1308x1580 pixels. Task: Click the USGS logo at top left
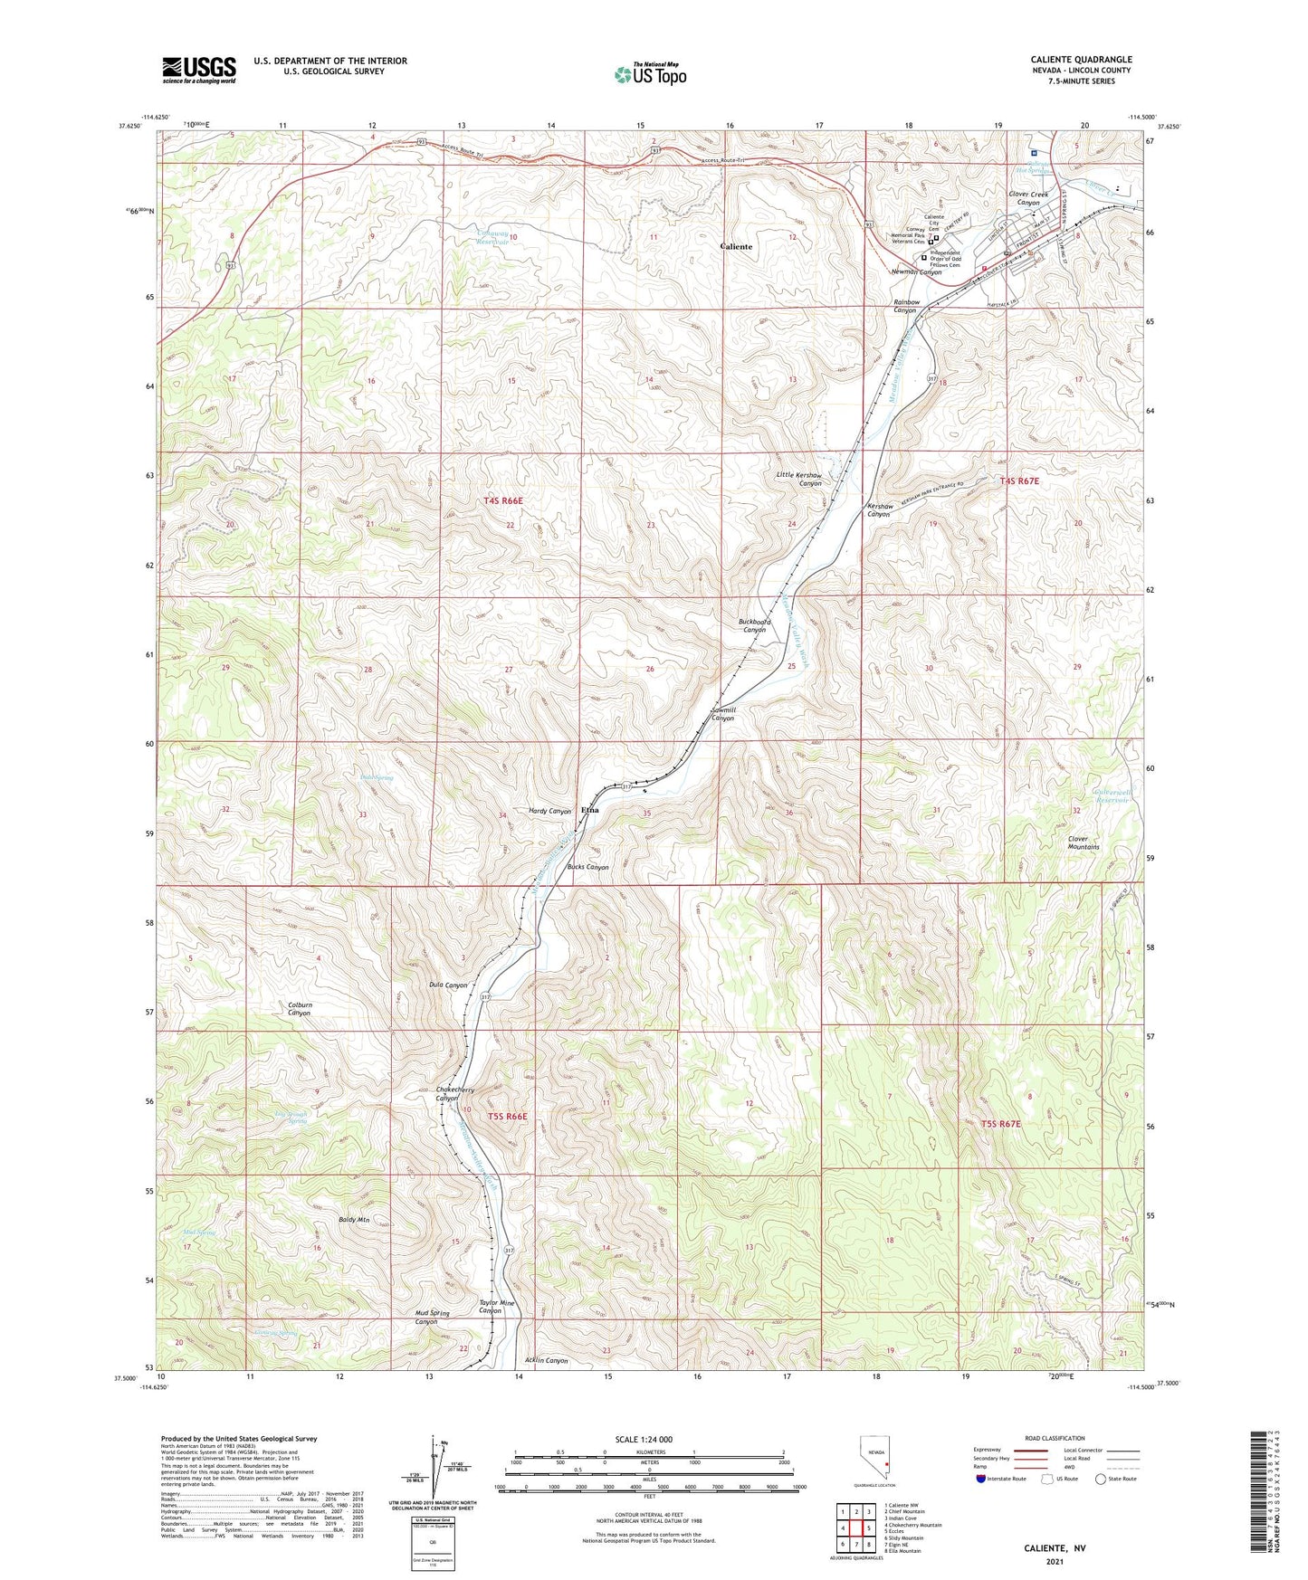coord(199,69)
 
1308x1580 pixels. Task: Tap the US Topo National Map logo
coord(649,73)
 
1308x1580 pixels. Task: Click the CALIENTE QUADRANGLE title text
coord(1081,60)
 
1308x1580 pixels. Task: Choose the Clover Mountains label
coord(1084,842)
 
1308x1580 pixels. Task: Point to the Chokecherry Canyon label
coord(455,1094)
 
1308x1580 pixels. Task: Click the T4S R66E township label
coord(503,500)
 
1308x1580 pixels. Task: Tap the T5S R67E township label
coord(1000,1124)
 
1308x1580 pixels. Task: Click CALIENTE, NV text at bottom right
coord(1055,1548)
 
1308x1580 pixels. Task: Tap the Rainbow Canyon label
coord(906,306)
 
